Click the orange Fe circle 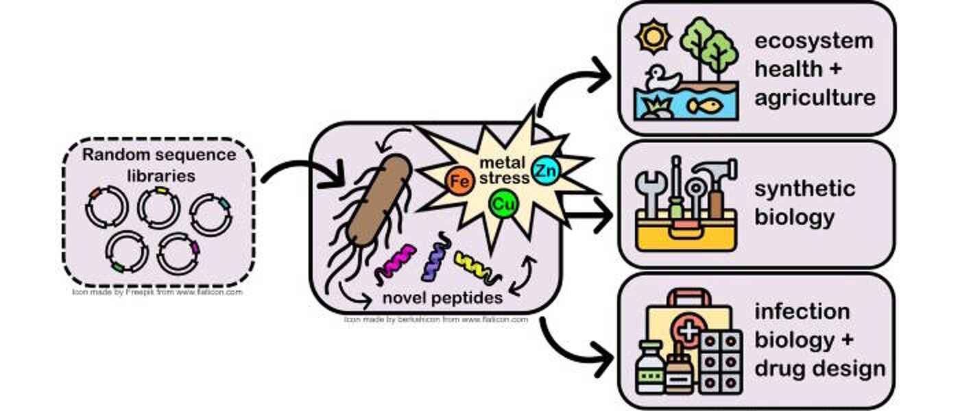[459, 182]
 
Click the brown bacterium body [377, 199]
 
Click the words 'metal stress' [504, 171]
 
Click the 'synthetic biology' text [804, 203]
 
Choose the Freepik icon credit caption [158, 292]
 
